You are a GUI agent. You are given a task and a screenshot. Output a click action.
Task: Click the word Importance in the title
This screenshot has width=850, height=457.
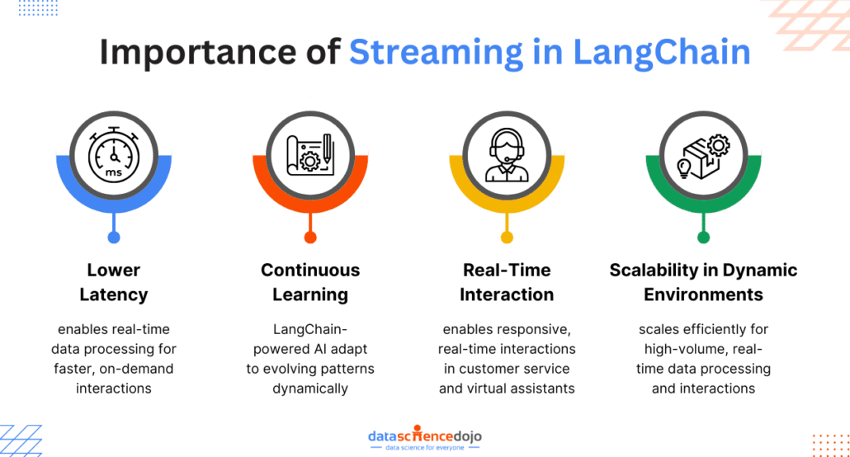[x=198, y=52]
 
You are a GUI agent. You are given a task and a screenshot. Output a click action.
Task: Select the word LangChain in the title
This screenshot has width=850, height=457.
[x=661, y=53]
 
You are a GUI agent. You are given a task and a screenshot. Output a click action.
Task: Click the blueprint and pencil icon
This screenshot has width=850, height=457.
[x=310, y=155]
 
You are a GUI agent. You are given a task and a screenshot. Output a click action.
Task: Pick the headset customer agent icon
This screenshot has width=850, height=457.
[x=507, y=155]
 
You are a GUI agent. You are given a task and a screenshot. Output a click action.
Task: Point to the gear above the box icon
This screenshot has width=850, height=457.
[x=719, y=145]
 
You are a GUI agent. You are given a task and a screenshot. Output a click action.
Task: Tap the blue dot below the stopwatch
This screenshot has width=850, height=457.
[x=114, y=238]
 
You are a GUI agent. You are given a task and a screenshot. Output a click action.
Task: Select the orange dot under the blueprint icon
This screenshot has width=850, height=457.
[x=310, y=238]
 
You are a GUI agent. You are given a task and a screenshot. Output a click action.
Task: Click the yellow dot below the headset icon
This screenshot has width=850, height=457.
[x=507, y=238]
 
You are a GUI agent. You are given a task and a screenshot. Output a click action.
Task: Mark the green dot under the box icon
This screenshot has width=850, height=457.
[x=704, y=238]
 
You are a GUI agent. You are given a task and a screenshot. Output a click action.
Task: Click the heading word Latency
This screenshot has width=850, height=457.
[x=114, y=295]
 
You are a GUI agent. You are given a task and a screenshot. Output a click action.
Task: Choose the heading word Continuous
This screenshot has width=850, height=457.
[x=310, y=270]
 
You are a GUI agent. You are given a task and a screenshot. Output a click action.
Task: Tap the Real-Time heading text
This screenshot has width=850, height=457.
[x=507, y=270]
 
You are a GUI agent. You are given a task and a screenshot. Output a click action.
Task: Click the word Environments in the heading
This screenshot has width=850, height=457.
[x=704, y=295]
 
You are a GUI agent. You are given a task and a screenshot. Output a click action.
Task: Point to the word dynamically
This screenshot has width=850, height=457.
[x=310, y=389]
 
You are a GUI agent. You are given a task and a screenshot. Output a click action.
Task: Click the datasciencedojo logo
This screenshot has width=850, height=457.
[x=425, y=437]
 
